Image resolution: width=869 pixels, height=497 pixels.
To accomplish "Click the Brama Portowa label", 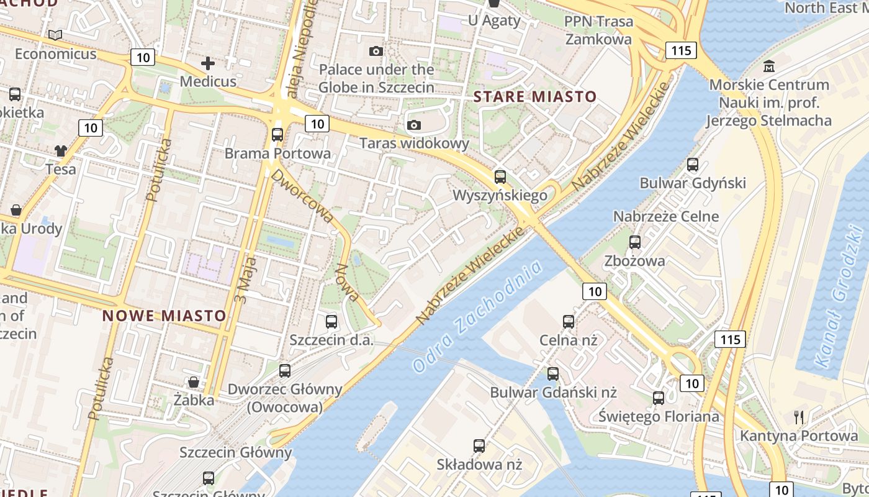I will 277,153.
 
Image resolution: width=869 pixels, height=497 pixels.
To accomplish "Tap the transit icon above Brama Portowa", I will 277,134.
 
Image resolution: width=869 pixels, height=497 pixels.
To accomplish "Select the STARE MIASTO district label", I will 535,97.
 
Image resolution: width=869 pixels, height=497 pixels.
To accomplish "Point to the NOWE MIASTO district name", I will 164,316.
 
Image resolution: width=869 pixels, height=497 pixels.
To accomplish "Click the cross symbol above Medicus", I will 208,63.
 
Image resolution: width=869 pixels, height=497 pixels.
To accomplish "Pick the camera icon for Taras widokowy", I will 414,125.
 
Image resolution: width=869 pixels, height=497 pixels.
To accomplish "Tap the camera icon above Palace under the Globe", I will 376,51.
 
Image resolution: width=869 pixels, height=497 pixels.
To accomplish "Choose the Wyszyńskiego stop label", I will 500,195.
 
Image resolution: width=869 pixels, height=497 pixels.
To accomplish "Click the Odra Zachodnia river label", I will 477,317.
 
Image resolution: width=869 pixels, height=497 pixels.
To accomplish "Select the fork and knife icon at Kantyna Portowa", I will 799,417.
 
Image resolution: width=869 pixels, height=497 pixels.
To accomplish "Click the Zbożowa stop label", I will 634,260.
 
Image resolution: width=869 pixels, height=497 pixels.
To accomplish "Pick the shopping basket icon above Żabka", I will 194,381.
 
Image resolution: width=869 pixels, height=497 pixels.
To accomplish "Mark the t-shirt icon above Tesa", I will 61,150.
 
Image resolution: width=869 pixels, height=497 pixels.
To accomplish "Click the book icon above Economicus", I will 56,35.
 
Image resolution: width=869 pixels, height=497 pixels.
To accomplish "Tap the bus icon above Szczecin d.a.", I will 331,322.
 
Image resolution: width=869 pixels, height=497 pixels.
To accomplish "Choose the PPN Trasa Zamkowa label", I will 598,30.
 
